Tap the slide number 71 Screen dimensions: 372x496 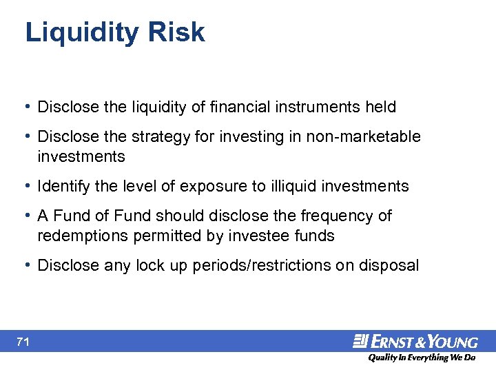(x=25, y=342)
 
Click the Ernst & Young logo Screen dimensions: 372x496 (x=415, y=341)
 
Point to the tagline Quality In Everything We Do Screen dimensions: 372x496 (x=421, y=358)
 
